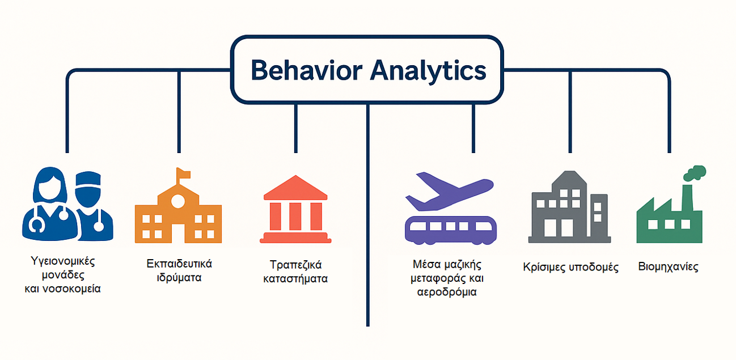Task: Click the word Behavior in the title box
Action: [x=306, y=70]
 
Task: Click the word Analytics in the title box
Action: [x=428, y=71]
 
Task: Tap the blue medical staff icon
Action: [x=67, y=204]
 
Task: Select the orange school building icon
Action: [x=178, y=206]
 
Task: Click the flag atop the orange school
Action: [x=183, y=173]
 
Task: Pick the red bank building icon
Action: [x=295, y=209]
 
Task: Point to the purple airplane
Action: [x=450, y=192]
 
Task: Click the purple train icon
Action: [x=450, y=230]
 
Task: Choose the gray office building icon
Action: [x=569, y=207]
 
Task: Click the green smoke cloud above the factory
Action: [x=695, y=173]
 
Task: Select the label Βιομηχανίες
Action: [x=668, y=266]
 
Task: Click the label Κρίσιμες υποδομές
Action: [x=570, y=268]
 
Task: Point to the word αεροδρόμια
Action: [x=447, y=292]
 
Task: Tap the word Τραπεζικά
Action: [x=295, y=265]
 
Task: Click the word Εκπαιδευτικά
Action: [x=179, y=264]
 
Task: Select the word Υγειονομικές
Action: [x=63, y=262]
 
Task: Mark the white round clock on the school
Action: [x=178, y=201]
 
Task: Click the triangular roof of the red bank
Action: [x=295, y=187]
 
